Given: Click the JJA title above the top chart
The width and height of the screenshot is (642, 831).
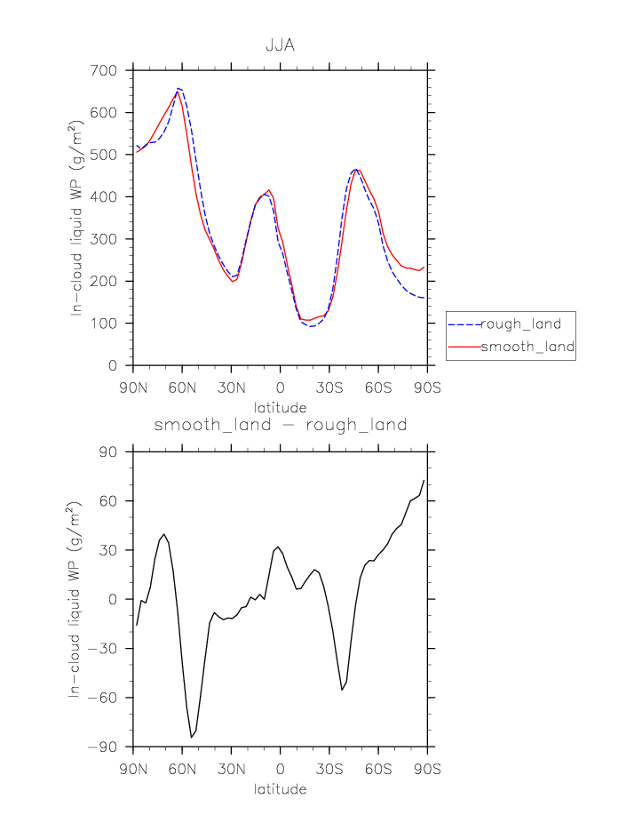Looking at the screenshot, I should click(281, 45).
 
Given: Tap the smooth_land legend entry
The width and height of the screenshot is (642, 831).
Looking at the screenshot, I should click(527, 347).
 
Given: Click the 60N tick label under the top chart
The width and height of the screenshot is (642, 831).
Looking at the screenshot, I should click(182, 388).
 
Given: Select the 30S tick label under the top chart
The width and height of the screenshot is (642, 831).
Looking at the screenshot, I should click(329, 388).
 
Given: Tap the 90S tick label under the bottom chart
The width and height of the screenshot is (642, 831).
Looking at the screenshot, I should click(427, 770).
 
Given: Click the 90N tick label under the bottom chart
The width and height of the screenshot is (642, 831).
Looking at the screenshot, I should click(133, 770).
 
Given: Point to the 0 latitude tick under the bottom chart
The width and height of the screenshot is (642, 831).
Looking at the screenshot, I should click(281, 770).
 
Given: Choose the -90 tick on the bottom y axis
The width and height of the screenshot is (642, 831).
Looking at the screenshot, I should click(104, 747).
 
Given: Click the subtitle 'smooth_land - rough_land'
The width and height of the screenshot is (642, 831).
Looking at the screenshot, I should click(281, 426).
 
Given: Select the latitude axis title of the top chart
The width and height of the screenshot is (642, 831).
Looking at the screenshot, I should click(281, 408).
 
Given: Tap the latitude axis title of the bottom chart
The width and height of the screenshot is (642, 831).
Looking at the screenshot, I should click(281, 789).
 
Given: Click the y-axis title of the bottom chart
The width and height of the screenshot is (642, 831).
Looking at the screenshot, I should click(77, 599).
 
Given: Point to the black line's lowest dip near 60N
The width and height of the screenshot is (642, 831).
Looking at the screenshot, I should click(191, 737).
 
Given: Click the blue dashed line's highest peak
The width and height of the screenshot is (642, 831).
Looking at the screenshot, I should click(179, 88).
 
